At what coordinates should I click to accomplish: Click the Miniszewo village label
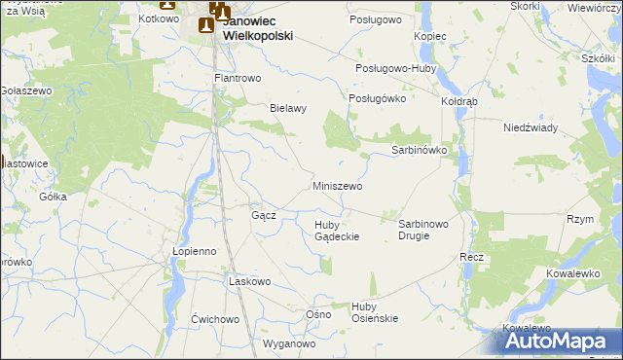337,186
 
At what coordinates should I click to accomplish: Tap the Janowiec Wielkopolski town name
258,27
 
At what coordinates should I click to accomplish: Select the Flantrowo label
238,78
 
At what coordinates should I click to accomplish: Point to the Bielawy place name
288,109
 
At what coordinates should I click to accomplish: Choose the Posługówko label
376,99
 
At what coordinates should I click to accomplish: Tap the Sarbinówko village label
419,151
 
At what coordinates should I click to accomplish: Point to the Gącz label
264,215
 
